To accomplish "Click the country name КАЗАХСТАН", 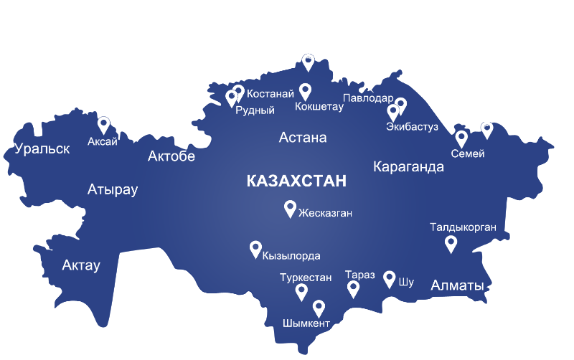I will coord(296,181).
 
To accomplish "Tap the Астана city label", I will coord(303,138).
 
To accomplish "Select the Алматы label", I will coord(457,286).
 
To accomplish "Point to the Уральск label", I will coord(42,149).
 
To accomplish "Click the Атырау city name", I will coord(112,190).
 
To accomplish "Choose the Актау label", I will coord(81,265).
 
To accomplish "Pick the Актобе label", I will coord(171,156).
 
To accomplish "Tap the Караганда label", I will coord(408,167).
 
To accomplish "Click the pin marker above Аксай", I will coord(103,125).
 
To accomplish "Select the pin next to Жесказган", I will coord(290,208).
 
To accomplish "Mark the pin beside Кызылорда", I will coord(255,248).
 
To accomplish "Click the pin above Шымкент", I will coord(319,308).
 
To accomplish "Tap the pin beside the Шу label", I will coord(390,278).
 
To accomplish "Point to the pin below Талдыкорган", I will coord(451,244).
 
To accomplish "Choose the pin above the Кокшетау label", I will coord(305,91).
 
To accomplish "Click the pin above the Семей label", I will coord(461,138).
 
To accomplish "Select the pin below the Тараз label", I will coord(353,288).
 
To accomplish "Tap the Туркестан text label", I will coord(306,277).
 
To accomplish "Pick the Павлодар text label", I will coord(367,98).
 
